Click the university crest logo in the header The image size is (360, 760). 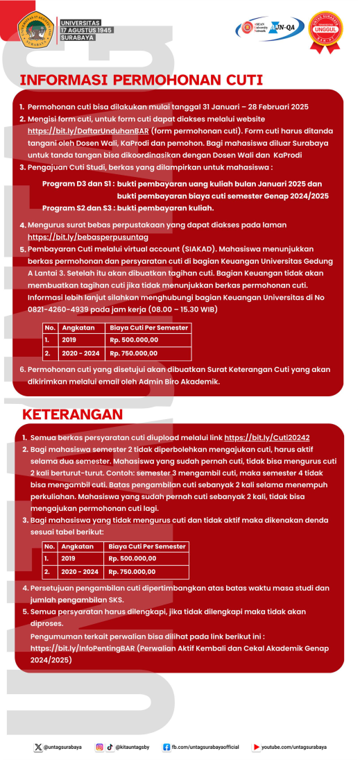(37, 31)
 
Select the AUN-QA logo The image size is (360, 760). (286, 28)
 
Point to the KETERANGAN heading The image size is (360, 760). (73, 414)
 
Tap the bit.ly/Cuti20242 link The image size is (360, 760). (267, 438)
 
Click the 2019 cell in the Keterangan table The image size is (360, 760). (69, 558)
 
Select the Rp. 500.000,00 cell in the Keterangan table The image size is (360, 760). (132, 558)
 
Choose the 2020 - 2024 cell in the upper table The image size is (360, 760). (80, 353)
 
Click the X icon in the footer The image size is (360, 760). (38, 747)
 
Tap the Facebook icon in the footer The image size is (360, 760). (166, 747)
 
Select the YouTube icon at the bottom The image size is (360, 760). (256, 747)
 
